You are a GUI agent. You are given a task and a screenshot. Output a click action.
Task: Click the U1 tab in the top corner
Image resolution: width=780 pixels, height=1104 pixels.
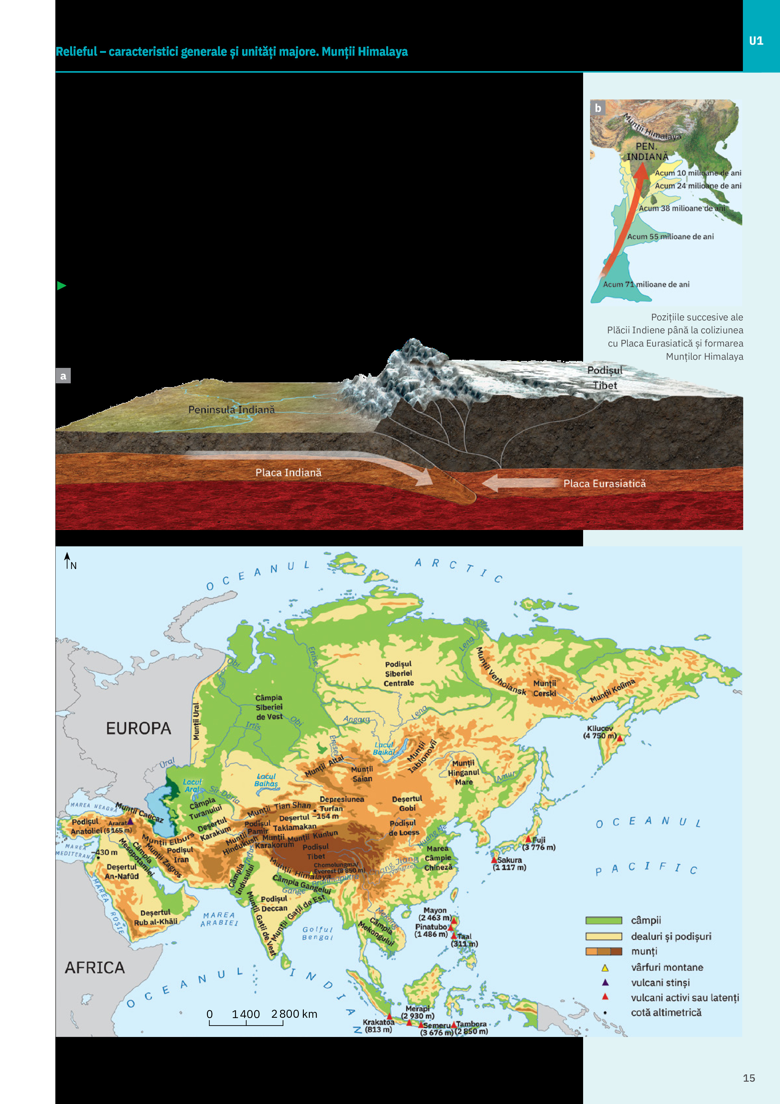coord(756,41)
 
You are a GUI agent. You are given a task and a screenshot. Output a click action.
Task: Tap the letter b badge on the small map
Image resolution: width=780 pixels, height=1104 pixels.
coord(598,108)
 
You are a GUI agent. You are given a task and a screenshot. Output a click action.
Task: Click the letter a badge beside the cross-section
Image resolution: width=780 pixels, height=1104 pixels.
coord(63,375)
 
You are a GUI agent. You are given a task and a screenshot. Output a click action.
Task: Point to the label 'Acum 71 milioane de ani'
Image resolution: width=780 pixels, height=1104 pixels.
coord(646,284)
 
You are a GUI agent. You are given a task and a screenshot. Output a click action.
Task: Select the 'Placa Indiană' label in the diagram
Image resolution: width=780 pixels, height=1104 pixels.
coord(288,473)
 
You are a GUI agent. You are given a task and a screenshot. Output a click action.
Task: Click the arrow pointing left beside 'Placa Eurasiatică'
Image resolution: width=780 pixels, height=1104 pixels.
coord(514,483)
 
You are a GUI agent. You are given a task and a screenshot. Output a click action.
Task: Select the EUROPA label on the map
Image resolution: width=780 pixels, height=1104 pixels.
coord(138,728)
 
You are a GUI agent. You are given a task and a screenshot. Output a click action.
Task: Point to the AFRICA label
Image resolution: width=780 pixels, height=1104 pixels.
coord(95,967)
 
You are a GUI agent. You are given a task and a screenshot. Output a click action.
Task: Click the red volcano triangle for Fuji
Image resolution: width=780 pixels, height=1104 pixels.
coord(528,839)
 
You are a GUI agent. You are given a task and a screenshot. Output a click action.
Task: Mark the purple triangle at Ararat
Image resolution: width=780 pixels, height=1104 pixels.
coord(130,821)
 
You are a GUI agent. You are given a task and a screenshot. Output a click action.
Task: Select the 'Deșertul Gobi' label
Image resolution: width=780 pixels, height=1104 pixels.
coord(407,803)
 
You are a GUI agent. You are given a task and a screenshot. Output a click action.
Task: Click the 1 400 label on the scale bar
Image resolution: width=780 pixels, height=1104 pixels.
coord(246,1014)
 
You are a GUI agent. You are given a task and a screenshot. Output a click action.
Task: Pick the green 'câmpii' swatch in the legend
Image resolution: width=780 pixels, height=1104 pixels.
coord(604,920)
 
